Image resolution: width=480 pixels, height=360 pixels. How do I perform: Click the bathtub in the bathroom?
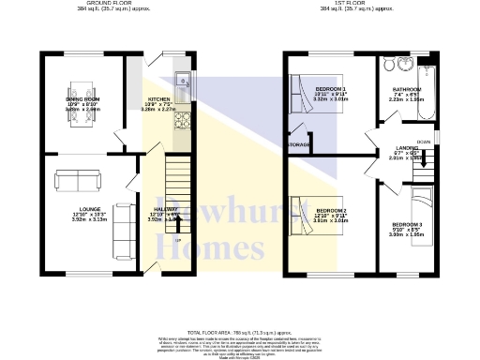424,94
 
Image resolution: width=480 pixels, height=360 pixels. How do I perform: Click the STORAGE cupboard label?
300,145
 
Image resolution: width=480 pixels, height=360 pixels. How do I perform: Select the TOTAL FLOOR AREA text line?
239,333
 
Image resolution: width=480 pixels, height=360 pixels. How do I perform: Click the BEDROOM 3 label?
407,225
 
